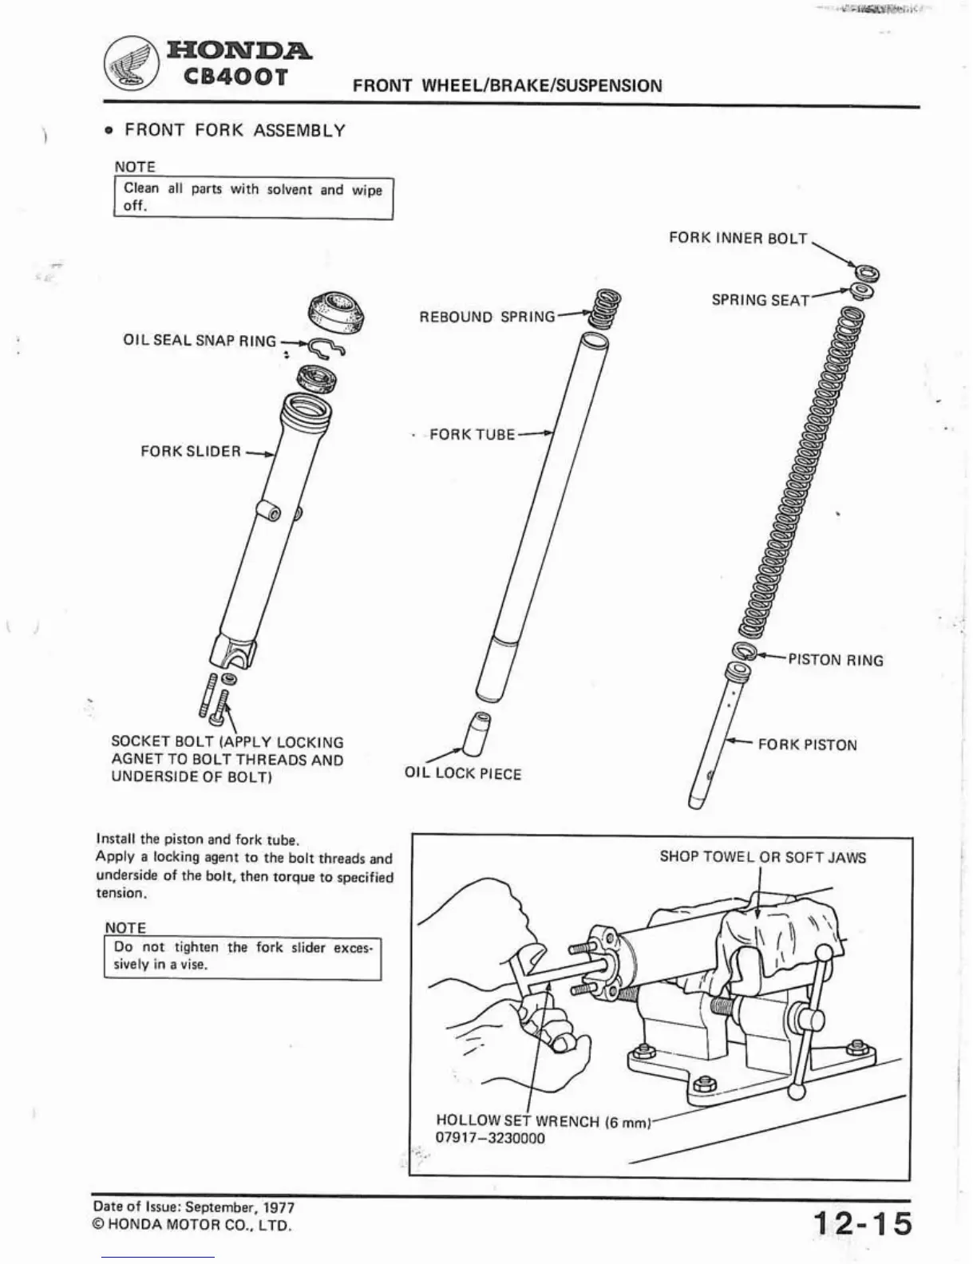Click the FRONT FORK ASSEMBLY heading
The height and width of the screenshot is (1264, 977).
[x=235, y=130]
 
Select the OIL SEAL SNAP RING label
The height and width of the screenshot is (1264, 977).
[x=199, y=341]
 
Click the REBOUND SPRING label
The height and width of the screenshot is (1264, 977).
[x=487, y=317]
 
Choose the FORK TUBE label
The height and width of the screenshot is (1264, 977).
[x=472, y=435]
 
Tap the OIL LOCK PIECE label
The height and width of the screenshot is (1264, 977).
[x=462, y=774]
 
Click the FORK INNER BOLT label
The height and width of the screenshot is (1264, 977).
[x=738, y=239]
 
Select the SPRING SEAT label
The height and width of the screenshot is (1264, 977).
[x=760, y=300]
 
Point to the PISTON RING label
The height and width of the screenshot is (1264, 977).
[x=836, y=660]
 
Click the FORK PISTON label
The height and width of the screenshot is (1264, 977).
[x=807, y=745]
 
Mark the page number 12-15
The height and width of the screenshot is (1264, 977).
[x=862, y=1223]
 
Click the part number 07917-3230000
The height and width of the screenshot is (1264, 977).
[x=490, y=1139]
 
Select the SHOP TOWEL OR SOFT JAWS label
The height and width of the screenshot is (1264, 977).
[x=762, y=858]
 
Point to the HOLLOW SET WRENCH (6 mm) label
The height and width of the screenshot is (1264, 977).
[x=544, y=1121]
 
